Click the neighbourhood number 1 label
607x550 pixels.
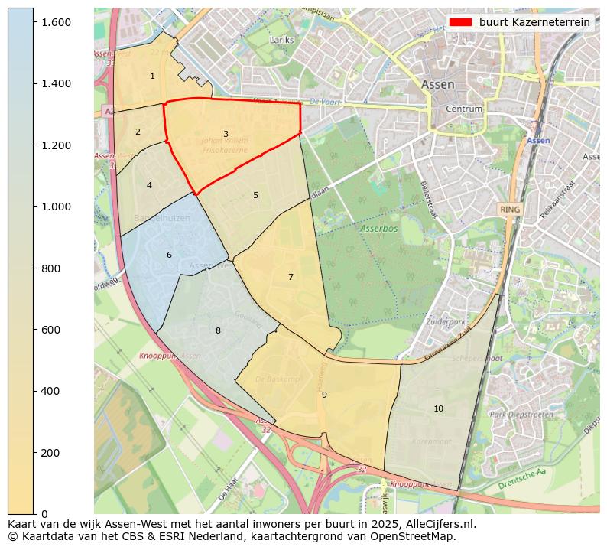152,76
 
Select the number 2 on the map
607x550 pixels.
138,132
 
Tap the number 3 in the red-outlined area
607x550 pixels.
226,134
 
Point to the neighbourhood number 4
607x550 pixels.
149,185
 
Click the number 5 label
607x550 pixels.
255,195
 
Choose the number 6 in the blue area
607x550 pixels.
169,255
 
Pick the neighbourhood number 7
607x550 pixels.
291,277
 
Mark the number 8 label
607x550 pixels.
218,330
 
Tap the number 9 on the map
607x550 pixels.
324,395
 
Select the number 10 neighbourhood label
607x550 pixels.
438,408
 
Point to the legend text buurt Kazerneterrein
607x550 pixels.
534,22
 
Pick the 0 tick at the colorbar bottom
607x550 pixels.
45,513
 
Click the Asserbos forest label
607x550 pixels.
379,229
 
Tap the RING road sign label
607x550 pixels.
509,208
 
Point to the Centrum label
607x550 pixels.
464,109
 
